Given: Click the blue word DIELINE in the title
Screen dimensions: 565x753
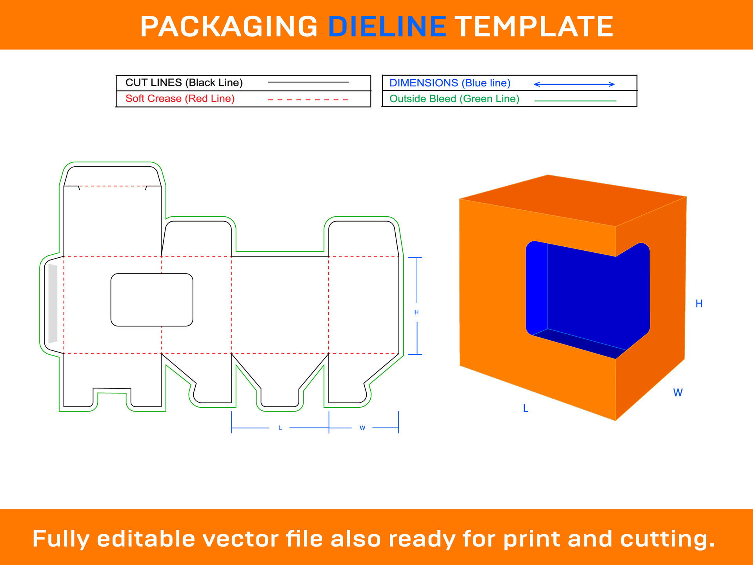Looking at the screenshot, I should [387, 27].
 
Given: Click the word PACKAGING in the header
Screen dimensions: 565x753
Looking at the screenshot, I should [229, 27].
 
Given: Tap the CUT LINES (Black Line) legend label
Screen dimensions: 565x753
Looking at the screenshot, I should [184, 83].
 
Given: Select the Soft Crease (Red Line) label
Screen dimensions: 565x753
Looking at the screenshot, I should [180, 98].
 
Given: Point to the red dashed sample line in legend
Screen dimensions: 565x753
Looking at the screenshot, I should [308, 100].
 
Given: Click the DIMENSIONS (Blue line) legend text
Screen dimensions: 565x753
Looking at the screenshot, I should [450, 83].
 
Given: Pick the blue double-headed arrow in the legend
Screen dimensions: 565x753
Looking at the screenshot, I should [574, 84].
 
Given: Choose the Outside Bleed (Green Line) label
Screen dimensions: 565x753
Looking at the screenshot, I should [454, 99].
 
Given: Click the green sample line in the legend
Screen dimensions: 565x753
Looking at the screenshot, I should [575, 101].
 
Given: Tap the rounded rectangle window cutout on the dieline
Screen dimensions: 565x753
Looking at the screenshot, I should [152, 300].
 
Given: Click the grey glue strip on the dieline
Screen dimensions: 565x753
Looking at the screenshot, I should [53, 303].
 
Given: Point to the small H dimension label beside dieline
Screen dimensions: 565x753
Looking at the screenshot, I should [417, 312].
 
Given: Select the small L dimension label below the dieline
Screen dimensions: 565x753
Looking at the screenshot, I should [280, 428].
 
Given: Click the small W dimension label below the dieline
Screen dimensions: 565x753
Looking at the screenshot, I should [362, 428].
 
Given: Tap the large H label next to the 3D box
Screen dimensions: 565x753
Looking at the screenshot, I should [699, 304].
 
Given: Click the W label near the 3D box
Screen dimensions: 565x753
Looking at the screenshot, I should [678, 393].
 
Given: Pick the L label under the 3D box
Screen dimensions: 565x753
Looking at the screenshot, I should [526, 408].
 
